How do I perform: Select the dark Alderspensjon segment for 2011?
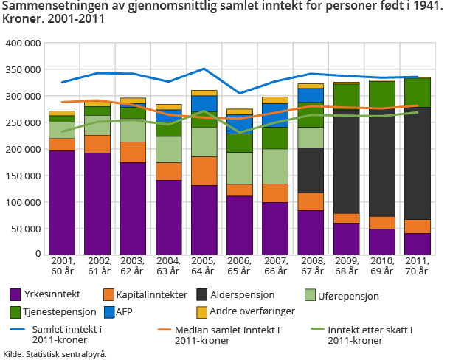pos(418,163)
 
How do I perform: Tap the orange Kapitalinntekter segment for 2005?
pos(204,170)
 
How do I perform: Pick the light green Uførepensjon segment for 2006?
pos(240,167)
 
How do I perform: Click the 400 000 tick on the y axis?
pos(23,44)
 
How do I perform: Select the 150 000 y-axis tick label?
pos(23,176)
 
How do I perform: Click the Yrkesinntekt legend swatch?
pos(16,295)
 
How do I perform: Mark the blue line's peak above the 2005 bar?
pos(204,69)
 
